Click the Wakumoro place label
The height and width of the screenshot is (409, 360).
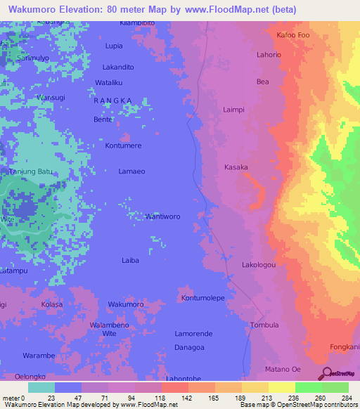126,304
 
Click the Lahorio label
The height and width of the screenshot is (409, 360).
269,55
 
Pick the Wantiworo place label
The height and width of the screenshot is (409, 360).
162,216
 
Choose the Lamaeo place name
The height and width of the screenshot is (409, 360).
131,171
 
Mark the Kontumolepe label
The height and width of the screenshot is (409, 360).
202,298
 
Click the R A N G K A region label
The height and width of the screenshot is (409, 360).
112,100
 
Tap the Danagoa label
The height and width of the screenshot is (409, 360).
189,347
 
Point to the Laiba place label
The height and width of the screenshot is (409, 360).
130,260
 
